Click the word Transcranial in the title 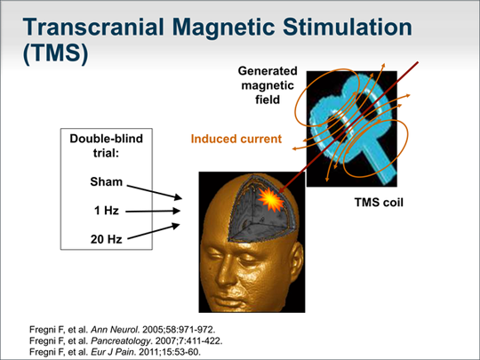(94, 27)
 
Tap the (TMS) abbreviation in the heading (55, 53)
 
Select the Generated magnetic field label (268, 85)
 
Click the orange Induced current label (236, 139)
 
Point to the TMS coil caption (379, 203)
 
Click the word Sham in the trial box (107, 182)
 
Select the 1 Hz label (107, 211)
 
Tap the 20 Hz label (107, 239)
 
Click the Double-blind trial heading (107, 146)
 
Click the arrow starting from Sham (155, 192)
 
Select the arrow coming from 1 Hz (153, 211)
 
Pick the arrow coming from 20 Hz (154, 231)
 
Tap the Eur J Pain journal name (112, 352)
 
